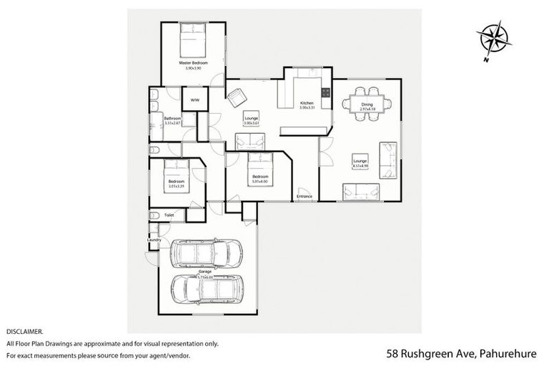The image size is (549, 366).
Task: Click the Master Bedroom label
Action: (192, 64)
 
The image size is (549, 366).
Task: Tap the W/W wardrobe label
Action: (194, 100)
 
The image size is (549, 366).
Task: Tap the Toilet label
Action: (169, 214)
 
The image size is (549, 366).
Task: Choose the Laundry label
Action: (154, 239)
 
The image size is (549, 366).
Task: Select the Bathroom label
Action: (172, 119)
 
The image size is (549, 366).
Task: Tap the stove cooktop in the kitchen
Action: (326, 92)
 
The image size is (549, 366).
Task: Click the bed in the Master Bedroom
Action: (192, 41)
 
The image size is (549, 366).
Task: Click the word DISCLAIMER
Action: (24, 332)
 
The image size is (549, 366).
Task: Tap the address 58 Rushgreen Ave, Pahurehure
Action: (463, 353)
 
